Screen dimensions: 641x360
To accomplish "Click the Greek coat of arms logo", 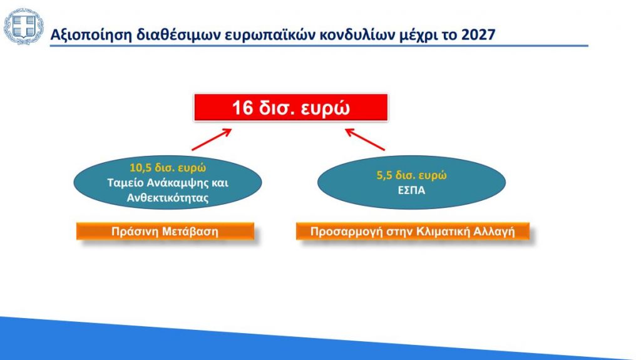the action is (x=23, y=26).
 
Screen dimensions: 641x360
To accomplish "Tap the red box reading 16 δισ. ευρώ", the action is (x=290, y=108).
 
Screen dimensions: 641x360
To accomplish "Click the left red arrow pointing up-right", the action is (x=212, y=140).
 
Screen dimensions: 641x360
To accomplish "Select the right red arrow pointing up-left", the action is (x=365, y=140).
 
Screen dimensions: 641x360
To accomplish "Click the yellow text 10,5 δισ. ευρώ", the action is (x=168, y=168).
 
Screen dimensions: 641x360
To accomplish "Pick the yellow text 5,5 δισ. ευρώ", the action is (x=411, y=175).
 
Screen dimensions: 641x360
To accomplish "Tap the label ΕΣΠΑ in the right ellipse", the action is (x=411, y=190).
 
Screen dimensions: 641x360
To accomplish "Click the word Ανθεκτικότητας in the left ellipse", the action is (x=168, y=198).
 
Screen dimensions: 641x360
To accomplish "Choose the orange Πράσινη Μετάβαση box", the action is (x=165, y=231).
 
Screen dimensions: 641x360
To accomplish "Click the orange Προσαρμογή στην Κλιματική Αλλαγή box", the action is (x=413, y=231).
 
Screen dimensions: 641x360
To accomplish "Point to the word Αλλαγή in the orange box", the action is (x=495, y=232).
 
